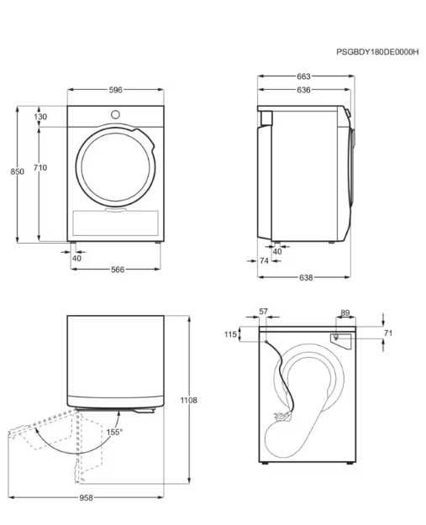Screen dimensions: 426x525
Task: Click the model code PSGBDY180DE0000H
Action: coord(377,52)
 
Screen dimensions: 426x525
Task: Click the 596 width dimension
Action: coord(116,90)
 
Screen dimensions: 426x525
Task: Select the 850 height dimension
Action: coord(17,171)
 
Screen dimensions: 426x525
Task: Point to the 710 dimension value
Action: coord(40,167)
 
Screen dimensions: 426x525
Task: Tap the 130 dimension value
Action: coord(40,117)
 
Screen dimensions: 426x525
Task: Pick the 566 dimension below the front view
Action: coord(118,270)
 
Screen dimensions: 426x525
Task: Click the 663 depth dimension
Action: coord(304,76)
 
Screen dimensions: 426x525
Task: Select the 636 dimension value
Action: coord(304,90)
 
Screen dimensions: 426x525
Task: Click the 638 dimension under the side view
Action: coord(306,277)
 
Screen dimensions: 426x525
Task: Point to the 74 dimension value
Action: coord(264,260)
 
